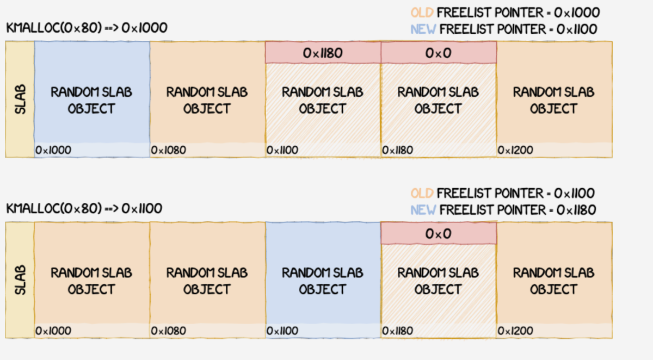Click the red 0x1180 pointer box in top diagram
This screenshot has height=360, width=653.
[x=323, y=53]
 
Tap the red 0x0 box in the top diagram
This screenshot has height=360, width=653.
[x=438, y=53]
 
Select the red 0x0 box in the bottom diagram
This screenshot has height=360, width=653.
[x=438, y=233]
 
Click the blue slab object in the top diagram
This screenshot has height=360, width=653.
[x=91, y=100]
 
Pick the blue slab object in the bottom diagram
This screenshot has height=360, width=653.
[x=323, y=281]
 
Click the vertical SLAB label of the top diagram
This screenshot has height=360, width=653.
[x=20, y=100]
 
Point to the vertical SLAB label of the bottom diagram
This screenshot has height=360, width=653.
[x=20, y=280]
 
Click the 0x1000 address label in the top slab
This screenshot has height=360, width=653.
[x=53, y=150]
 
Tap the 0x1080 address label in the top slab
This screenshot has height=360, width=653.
[x=169, y=150]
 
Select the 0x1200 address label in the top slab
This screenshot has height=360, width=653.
[x=515, y=150]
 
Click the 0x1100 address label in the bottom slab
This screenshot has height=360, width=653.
[x=282, y=331]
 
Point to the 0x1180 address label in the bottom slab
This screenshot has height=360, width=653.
[x=397, y=331]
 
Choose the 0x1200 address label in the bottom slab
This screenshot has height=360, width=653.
[x=515, y=331]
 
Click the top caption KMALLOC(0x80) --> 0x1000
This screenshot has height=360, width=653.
[x=87, y=28]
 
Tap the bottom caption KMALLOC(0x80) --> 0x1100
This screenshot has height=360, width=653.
[x=84, y=208]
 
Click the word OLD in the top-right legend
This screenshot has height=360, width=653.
[x=423, y=13]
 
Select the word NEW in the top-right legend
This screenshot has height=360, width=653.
[x=423, y=29]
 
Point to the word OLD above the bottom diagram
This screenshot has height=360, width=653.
[x=422, y=193]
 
